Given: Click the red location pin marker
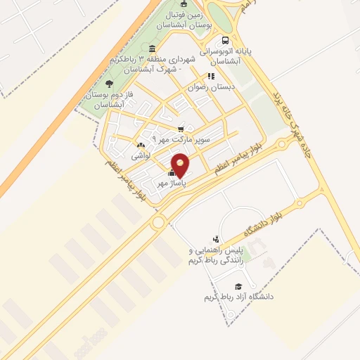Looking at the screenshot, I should [181, 164].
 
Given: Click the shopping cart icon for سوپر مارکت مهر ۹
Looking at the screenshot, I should [181, 128].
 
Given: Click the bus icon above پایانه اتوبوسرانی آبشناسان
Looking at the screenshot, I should [224, 40].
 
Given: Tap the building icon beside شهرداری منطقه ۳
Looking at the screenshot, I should [153, 49].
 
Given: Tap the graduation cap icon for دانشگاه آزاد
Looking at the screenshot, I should [238, 286].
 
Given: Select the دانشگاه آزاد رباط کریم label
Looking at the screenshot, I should [238, 297].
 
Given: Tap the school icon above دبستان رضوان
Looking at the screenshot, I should [209, 76].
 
